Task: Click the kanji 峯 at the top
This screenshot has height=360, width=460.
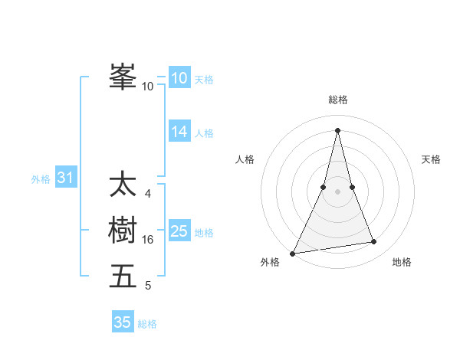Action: click(123, 77)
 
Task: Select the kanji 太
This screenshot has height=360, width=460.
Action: click(123, 185)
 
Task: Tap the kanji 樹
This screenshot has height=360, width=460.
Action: click(123, 231)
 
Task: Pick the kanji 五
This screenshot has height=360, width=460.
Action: click(123, 276)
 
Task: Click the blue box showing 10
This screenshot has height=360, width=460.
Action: click(179, 77)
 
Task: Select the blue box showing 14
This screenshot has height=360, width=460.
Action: click(179, 132)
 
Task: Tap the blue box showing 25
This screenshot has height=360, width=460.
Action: click(179, 231)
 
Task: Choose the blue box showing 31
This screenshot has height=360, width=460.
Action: click(65, 178)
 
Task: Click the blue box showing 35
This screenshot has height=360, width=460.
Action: click(123, 322)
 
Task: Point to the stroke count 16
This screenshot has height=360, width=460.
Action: click(148, 240)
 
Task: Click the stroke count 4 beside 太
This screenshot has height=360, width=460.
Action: click(148, 194)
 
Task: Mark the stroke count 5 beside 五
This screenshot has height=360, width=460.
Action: click(148, 286)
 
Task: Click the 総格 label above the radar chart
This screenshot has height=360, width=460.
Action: click(337, 100)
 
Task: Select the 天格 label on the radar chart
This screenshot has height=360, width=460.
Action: click(432, 159)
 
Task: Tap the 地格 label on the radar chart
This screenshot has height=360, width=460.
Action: click(402, 262)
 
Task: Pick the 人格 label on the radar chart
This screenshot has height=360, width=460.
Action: click(245, 159)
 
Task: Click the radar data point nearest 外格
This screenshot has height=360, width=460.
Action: click(293, 253)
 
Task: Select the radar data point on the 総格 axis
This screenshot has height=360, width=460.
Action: click(337, 130)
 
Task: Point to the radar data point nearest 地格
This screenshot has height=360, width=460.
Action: click(374, 242)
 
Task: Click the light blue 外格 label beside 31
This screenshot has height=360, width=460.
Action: click(41, 179)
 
